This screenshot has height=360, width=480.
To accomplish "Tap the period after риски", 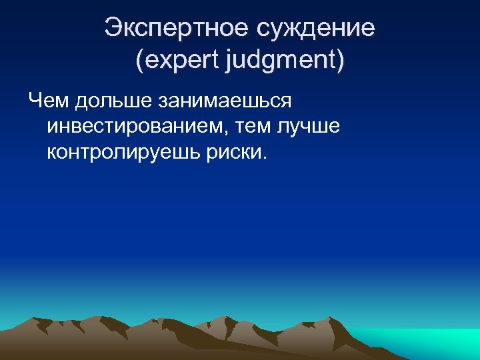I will tap(265, 158).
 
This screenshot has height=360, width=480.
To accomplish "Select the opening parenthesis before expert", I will tap(139, 61).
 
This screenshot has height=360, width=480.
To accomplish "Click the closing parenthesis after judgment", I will tap(341, 61).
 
